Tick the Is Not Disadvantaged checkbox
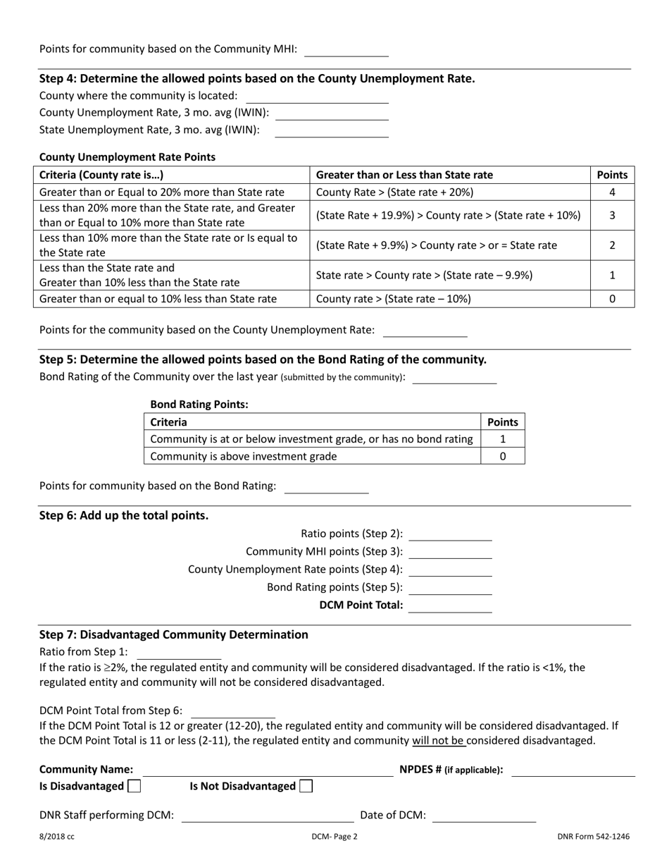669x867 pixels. pyautogui.click(x=306, y=786)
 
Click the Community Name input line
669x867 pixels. pyautogui.click(x=268, y=770)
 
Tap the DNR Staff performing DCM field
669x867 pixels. pyautogui.click(x=268, y=816)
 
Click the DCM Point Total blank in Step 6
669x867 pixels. pyautogui.click(x=450, y=605)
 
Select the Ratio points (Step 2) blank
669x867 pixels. pyautogui.click(x=450, y=534)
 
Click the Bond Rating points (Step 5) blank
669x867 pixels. pyautogui.click(x=450, y=588)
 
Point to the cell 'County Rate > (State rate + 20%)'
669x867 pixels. pyautogui.click(x=395, y=192)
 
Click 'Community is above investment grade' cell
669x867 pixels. pyautogui.click(x=244, y=456)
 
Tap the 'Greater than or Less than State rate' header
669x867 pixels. pyautogui.click(x=405, y=175)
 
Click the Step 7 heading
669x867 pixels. pyautogui.click(x=174, y=634)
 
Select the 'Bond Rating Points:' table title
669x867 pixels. pyautogui.click(x=199, y=405)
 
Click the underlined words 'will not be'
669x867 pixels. pyautogui.click(x=438, y=740)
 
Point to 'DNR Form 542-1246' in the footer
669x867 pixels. pyautogui.click(x=594, y=837)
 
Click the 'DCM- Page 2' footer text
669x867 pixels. pyautogui.click(x=334, y=837)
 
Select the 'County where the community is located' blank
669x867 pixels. pyautogui.click(x=317, y=97)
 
